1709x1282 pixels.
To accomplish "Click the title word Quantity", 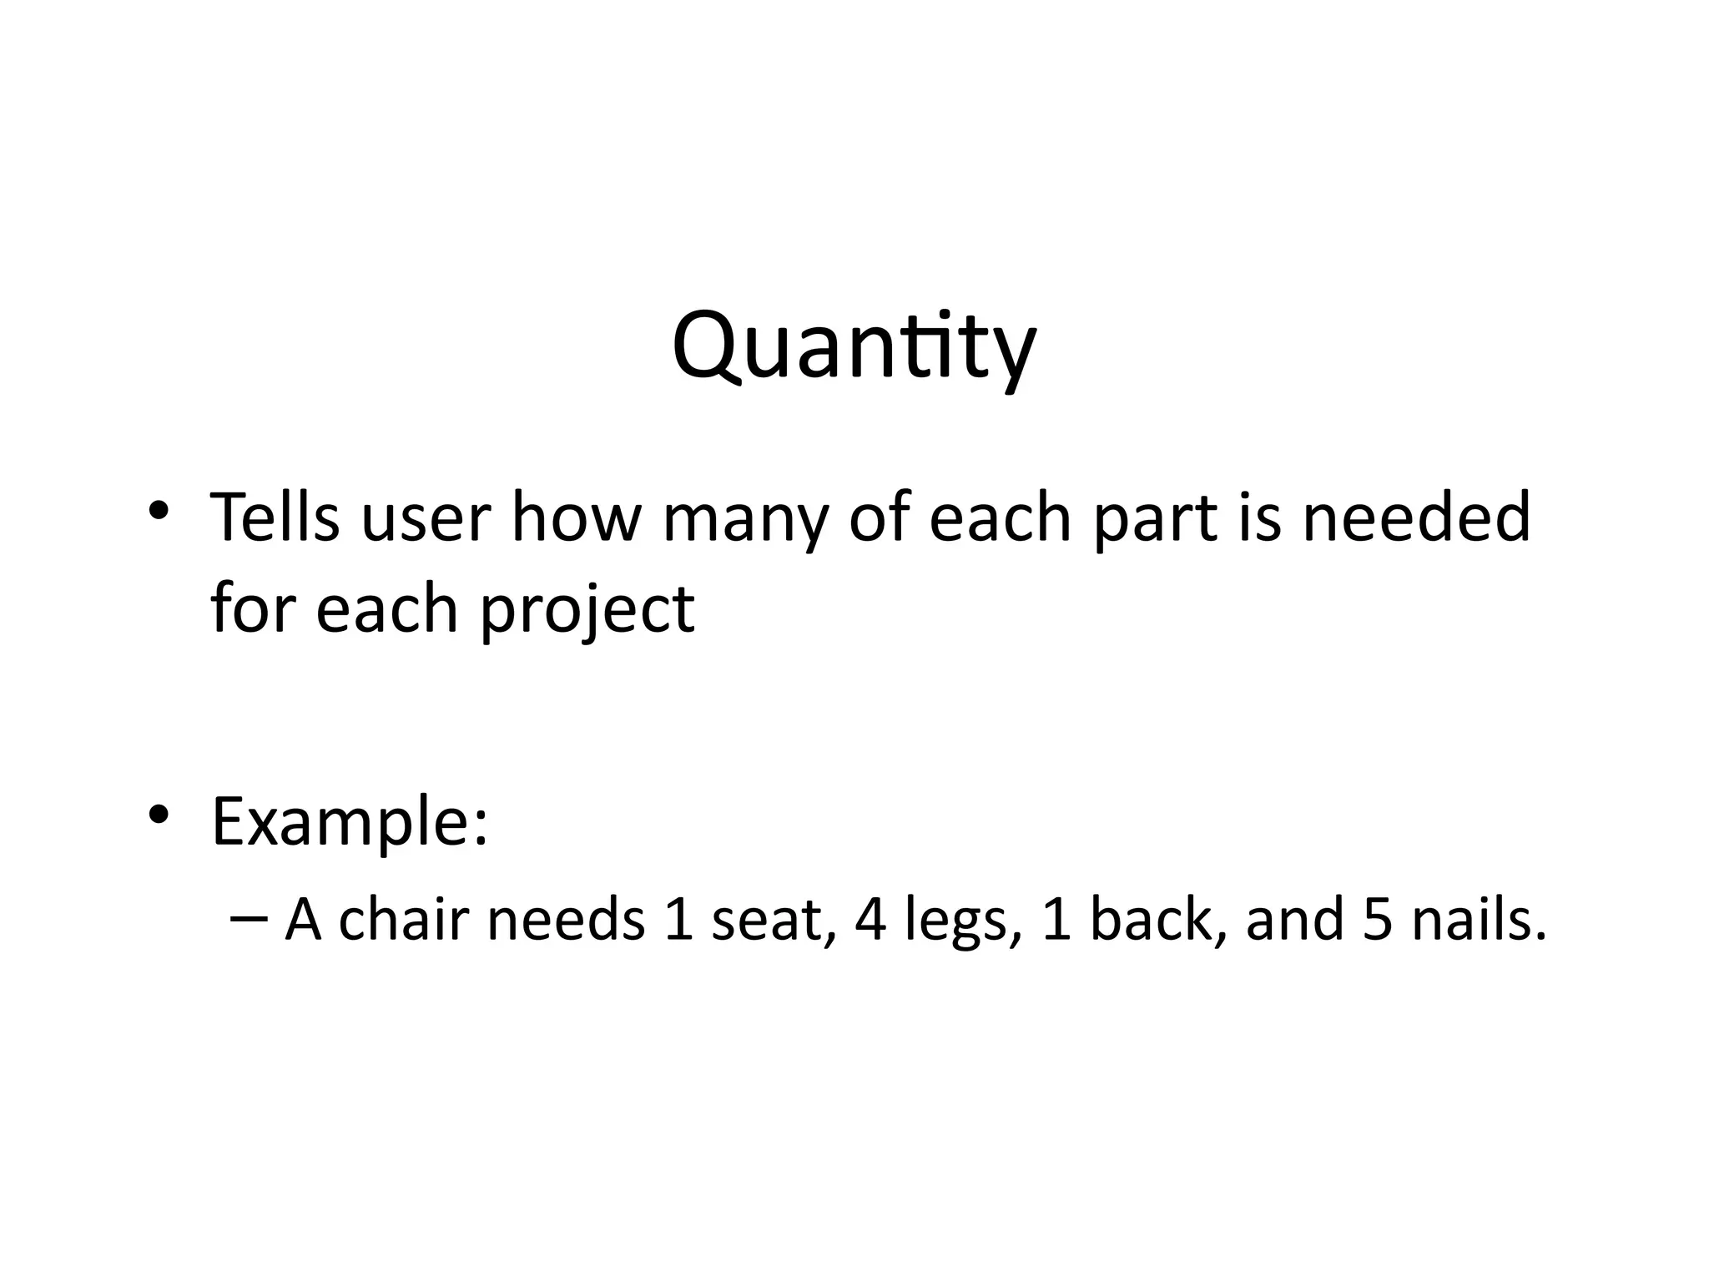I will click(x=854, y=346).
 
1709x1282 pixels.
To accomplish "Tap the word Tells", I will click(x=275, y=517).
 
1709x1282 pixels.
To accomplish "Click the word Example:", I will click(x=350, y=822).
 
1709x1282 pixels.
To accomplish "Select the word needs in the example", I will click(x=566, y=920).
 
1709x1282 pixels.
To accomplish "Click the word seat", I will click(x=773, y=920).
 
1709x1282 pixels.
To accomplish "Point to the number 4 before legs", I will click(x=870, y=920).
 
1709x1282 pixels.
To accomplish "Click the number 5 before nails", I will click(x=1378, y=920).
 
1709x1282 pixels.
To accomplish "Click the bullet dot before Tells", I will click(x=158, y=508).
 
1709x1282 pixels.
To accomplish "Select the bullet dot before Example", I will click(x=158, y=813).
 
